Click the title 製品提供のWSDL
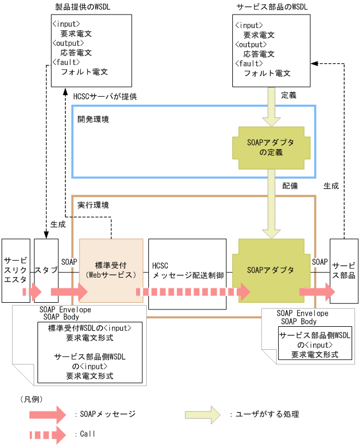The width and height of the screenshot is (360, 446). tap(91, 7)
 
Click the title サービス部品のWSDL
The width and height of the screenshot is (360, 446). tap(272, 7)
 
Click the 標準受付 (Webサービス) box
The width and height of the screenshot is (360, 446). tap(111, 270)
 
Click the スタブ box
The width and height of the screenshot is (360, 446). tap(46, 270)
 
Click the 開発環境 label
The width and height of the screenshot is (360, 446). tap(93, 119)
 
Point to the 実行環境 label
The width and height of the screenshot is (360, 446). tap(93, 205)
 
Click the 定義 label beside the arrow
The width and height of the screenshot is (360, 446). tap(288, 95)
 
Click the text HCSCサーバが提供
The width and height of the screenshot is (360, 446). tap(105, 96)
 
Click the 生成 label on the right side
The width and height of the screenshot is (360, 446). tap(331, 185)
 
